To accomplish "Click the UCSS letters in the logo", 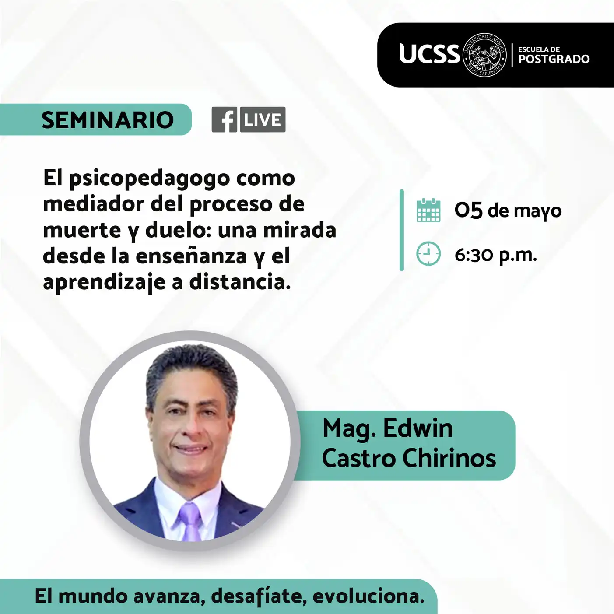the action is [429, 54].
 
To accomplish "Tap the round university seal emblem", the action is [484, 55].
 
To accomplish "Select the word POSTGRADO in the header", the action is [554, 59].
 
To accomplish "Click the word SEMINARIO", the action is [108, 120].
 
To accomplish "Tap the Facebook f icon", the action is [225, 119].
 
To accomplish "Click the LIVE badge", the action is [263, 119].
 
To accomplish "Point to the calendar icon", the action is [428, 210].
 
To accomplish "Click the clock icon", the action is [428, 254].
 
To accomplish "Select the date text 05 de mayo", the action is [508, 211].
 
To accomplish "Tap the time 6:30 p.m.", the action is [496, 255].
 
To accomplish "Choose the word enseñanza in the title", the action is [191, 256].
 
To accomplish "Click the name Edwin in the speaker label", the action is [418, 428].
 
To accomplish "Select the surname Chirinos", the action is [449, 458].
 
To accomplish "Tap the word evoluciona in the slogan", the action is [368, 596].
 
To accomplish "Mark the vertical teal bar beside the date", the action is [401, 230].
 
